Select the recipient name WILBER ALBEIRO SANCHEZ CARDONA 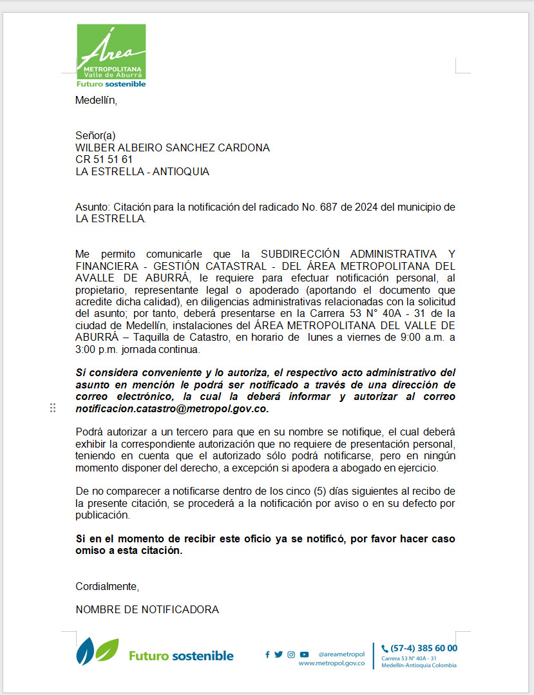[173, 148]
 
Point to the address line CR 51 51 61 [104, 160]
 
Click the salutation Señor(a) [95, 136]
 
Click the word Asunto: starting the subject [93, 207]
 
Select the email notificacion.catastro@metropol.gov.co [171, 409]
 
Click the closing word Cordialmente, [107, 587]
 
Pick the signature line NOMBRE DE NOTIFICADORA [147, 609]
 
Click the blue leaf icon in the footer [85, 652]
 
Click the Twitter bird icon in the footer [278, 654]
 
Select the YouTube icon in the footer [304, 654]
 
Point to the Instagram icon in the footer [291, 654]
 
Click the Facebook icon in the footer [267, 654]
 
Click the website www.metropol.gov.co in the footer [331, 663]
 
